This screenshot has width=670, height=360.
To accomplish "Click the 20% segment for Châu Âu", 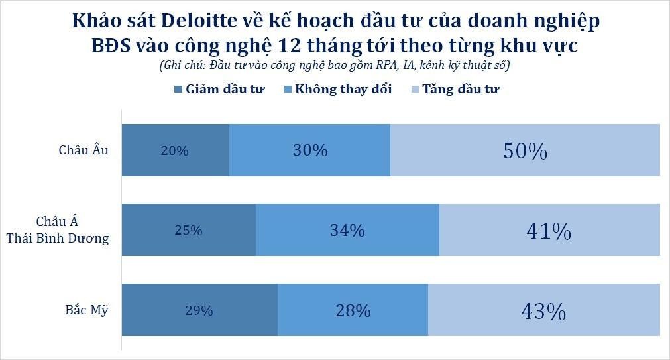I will click(175, 150).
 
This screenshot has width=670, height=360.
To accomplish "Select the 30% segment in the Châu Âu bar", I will click(309, 150).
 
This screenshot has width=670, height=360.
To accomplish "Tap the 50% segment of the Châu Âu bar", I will click(525, 150).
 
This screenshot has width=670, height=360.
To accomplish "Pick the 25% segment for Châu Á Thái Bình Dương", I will click(189, 230).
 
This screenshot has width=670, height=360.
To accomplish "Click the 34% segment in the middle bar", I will click(347, 230).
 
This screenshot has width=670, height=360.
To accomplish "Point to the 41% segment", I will click(549, 230).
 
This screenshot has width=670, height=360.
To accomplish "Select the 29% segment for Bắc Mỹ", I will click(199, 310).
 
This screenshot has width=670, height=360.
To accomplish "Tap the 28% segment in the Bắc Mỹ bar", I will click(353, 310).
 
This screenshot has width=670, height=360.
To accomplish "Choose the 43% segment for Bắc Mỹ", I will click(543, 310).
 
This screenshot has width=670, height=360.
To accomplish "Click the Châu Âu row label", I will click(84, 150).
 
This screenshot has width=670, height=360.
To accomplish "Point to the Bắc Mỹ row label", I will click(87, 310).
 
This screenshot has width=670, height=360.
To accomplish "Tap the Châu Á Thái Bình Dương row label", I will click(58, 230).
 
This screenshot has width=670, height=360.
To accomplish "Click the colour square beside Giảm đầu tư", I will click(178, 90).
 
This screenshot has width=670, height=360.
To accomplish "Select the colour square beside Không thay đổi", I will click(287, 90).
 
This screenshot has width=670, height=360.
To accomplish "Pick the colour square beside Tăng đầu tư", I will click(415, 90).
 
